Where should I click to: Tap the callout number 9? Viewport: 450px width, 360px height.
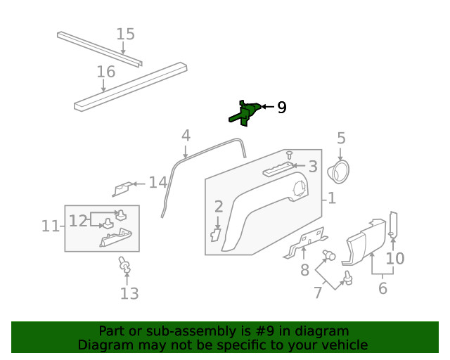tap(281, 108)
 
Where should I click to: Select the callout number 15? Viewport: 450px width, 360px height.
tap(125, 34)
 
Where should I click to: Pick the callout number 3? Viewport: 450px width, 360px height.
tap(312, 167)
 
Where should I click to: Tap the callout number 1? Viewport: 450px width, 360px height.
tap(331, 198)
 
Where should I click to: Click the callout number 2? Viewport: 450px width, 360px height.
tap(219, 206)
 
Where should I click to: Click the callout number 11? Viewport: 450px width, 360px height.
tap(49, 226)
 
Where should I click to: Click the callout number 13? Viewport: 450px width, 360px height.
tap(129, 293)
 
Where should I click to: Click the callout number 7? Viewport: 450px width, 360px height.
tap(318, 292)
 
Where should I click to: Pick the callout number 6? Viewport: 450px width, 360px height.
tap(382, 288)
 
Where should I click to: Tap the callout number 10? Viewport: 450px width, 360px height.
tap(395, 258)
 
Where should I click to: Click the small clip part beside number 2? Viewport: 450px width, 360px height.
tap(216, 233)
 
